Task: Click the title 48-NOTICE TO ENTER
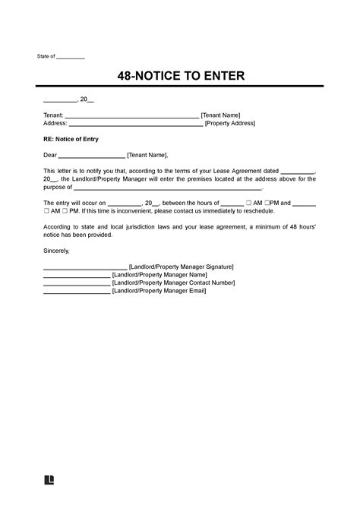coord(181,76)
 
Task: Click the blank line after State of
coord(71,58)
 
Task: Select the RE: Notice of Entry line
coord(71,140)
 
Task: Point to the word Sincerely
coord(56,251)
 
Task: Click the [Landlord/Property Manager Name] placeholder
coord(156,275)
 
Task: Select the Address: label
coord(55,123)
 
